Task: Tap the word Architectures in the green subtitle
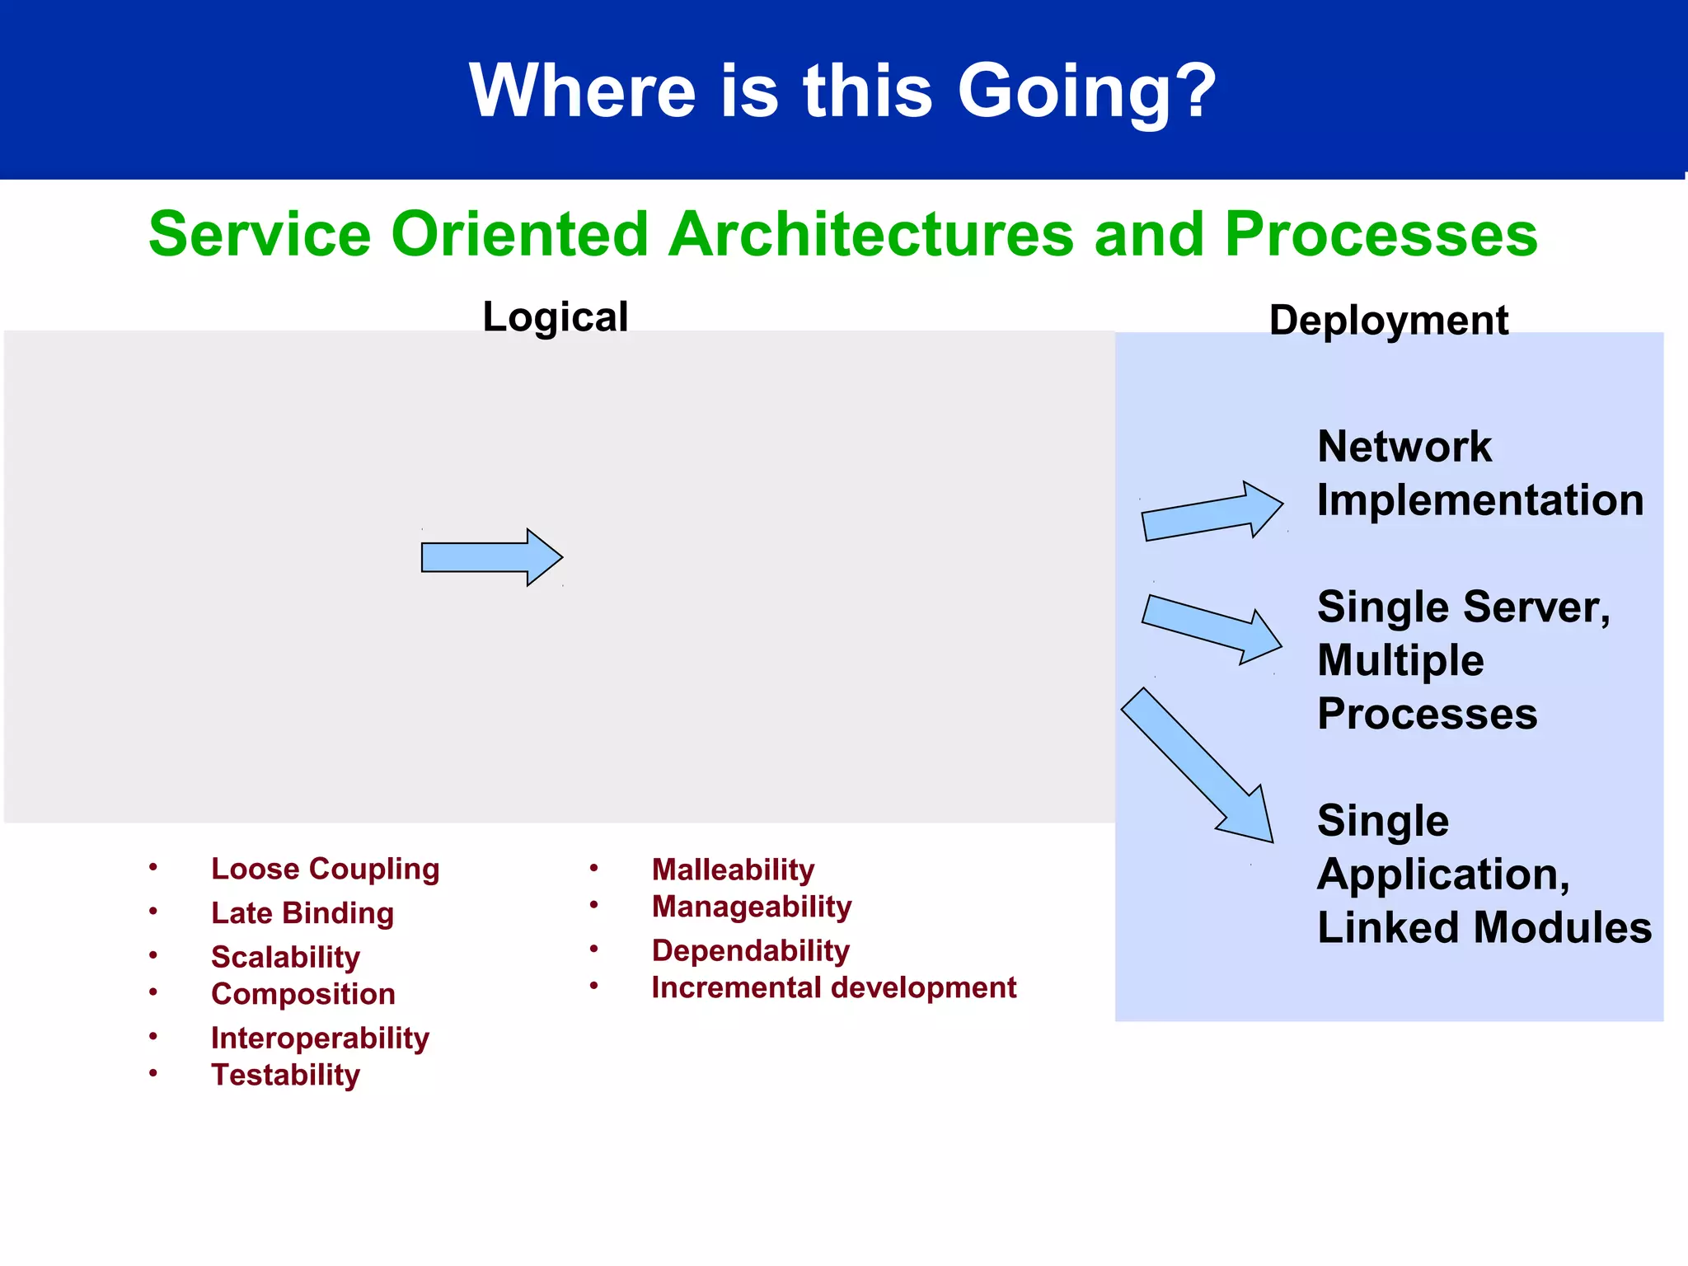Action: [x=872, y=234]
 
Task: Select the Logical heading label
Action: [x=556, y=317]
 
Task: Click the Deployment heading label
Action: [x=1388, y=320]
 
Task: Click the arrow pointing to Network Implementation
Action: [x=1212, y=512]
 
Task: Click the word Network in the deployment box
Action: [x=1404, y=447]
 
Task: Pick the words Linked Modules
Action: [x=1484, y=928]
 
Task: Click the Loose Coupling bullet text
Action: [x=325, y=869]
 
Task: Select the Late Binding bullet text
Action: [x=302, y=913]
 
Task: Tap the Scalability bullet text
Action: [x=285, y=957]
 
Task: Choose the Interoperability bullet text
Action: [x=320, y=1038]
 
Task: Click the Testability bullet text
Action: [x=285, y=1075]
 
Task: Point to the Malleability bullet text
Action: [x=733, y=870]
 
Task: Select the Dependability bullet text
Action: [x=750, y=950]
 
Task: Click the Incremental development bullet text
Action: [x=833, y=987]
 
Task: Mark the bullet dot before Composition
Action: [x=153, y=992]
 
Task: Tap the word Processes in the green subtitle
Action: [x=1381, y=234]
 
